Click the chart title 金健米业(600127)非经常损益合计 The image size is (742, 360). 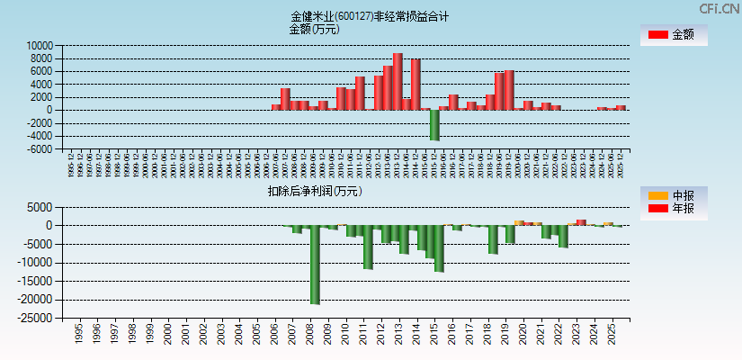(x=370, y=16)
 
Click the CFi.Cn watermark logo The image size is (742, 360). (x=720, y=8)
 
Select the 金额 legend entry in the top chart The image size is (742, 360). (x=673, y=35)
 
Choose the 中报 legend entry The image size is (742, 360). (x=673, y=195)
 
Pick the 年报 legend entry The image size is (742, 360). (x=673, y=210)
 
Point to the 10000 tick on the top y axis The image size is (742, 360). (x=40, y=45)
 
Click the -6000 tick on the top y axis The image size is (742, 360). (x=40, y=149)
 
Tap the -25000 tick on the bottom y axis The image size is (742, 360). (x=37, y=318)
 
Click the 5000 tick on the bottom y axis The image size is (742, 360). (x=42, y=207)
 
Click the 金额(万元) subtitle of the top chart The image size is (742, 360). (x=314, y=29)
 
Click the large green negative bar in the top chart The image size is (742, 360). (x=434, y=124)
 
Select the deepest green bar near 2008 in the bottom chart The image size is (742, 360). (x=315, y=265)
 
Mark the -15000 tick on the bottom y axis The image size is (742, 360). (x=37, y=281)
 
